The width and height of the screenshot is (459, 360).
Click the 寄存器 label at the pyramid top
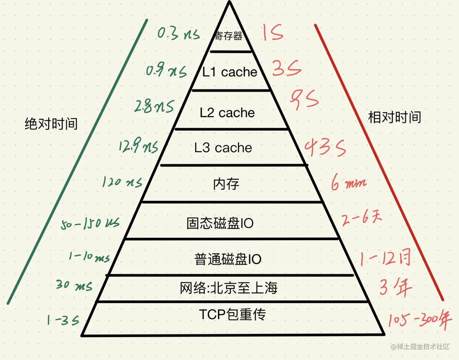228,36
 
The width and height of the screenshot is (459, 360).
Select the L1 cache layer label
230,72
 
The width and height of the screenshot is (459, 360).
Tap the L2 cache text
227,113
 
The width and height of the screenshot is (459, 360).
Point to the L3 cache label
223,148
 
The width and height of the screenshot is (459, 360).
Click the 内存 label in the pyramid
226,184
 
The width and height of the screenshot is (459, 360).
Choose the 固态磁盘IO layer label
220,223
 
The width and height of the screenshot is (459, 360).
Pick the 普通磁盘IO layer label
228,259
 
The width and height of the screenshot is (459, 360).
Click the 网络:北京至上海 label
229,288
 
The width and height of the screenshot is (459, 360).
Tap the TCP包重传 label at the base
232,314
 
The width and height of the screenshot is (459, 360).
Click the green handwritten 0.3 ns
179,34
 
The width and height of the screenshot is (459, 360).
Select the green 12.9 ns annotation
138,147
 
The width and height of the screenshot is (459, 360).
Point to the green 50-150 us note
90,223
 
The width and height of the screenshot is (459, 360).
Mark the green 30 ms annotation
74,285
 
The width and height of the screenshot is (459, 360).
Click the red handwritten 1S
273,33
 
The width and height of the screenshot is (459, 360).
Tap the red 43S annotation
325,148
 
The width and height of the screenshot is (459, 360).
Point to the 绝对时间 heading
51,124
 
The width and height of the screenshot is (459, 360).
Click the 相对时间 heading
395,117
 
